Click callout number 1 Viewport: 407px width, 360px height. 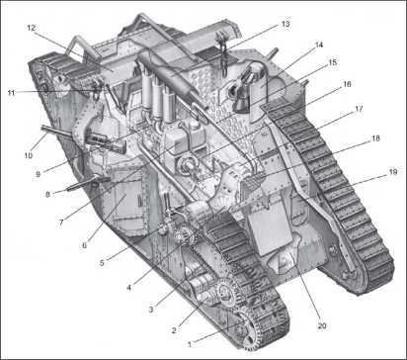tap(190, 344)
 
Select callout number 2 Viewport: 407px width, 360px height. tap(174, 330)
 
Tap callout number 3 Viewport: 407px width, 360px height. tap(151, 310)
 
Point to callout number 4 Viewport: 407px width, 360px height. tap(128, 288)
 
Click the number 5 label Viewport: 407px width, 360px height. tap(102, 263)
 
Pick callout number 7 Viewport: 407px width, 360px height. tap(61, 224)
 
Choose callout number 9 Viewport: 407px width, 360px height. tap(39, 174)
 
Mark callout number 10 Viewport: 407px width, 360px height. tap(29, 155)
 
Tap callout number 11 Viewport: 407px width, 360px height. tap(12, 93)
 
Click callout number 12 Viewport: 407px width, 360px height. tap(31, 28)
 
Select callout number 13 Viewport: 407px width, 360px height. tap(285, 24)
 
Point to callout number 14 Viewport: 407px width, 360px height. tap(319, 45)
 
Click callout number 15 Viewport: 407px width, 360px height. tap(333, 62)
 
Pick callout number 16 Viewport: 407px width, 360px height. tap(347, 84)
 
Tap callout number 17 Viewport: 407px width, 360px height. tap(359, 109)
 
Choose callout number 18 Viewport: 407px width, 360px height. tap(375, 138)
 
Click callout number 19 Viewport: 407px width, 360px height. tap(393, 172)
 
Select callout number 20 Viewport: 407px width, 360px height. tap(322, 326)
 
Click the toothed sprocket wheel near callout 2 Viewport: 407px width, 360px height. tap(227, 291)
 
